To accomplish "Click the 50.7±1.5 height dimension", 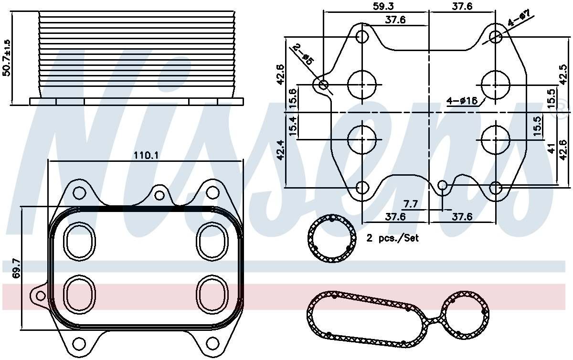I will (x=6, y=57).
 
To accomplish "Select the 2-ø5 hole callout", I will (x=302, y=54).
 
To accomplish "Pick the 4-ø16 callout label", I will (x=461, y=101).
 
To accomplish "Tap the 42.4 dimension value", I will (x=280, y=149).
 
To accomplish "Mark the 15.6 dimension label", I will (x=293, y=98).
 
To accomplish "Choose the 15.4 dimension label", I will (x=293, y=126).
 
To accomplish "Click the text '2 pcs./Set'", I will (x=393, y=238).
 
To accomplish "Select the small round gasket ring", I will (x=332, y=240).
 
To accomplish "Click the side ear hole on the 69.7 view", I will (x=37, y=293).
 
